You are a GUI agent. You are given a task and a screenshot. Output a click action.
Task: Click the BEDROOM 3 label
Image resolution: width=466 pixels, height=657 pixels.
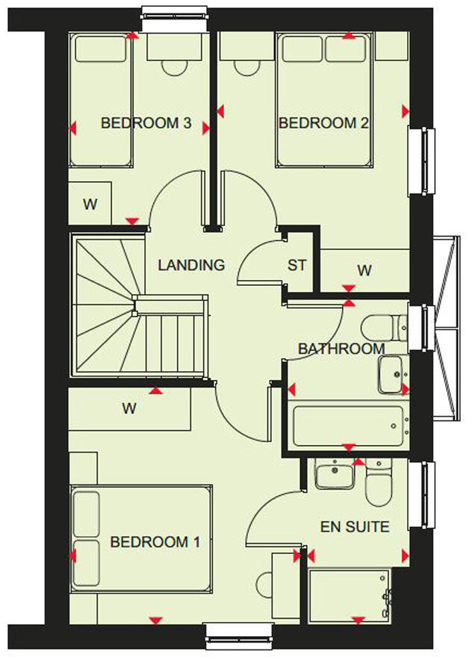(x=146, y=123)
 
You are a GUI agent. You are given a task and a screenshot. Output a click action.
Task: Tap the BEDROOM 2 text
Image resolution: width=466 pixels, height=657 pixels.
(x=323, y=123)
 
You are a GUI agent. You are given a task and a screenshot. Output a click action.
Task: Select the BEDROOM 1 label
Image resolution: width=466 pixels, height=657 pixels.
(x=155, y=542)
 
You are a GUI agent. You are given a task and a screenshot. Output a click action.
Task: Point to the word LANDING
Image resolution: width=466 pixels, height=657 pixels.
(x=191, y=265)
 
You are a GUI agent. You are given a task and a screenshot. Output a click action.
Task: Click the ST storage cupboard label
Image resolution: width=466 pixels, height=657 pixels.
(x=296, y=265)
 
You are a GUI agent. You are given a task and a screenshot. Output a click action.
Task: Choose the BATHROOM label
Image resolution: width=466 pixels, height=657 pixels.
(x=341, y=349)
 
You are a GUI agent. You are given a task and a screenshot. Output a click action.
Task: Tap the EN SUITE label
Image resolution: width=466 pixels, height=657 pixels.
(x=355, y=527)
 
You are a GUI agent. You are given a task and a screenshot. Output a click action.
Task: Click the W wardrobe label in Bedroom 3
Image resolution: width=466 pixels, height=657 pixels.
(x=90, y=204)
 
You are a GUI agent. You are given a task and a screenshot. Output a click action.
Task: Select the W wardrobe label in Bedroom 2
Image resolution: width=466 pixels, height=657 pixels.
(x=364, y=271)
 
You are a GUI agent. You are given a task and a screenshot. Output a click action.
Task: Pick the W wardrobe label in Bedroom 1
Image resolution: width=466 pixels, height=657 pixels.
(x=129, y=408)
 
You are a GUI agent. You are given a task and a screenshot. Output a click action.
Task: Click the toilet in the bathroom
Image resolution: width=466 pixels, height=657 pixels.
(x=382, y=327)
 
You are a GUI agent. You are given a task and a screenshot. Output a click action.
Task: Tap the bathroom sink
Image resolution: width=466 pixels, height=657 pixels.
(x=391, y=374)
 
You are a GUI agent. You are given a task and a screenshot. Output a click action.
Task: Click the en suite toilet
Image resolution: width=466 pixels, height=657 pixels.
(x=379, y=484)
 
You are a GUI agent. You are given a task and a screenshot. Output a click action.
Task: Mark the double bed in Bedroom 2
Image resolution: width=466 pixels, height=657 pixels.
(x=324, y=101)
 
